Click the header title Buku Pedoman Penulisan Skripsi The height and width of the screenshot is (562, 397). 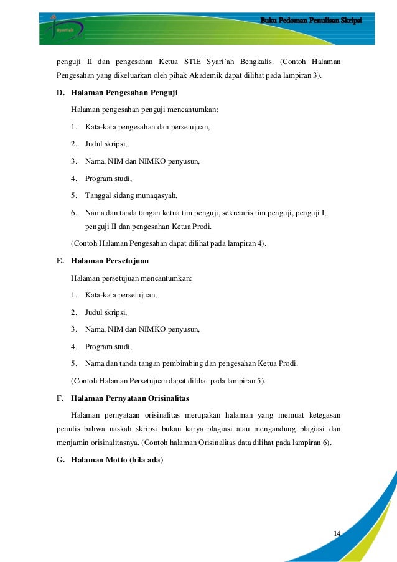(x=311, y=21)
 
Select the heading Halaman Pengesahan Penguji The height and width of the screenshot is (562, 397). (x=124, y=93)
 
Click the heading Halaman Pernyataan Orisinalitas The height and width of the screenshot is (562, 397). (x=130, y=397)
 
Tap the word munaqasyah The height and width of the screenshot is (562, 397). (x=154, y=195)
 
